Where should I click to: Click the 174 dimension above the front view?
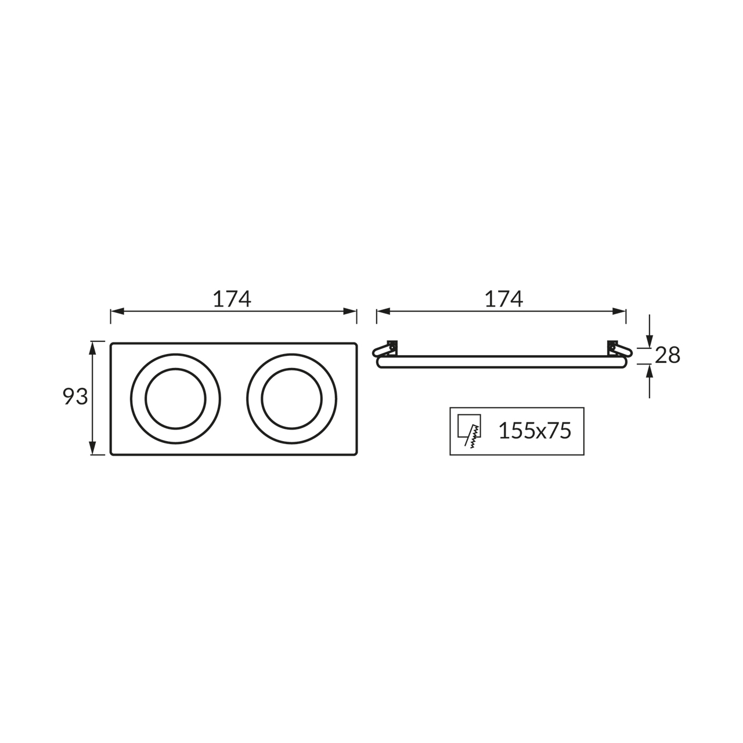click(x=232, y=299)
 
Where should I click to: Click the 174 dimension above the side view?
click(x=504, y=299)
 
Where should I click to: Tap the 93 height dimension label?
click(x=75, y=396)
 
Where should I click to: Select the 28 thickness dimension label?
click(x=668, y=355)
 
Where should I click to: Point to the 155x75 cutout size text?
click(x=535, y=431)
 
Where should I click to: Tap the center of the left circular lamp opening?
click(x=175, y=398)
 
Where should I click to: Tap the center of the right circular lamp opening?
click(x=291, y=398)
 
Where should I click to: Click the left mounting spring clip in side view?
click(x=385, y=349)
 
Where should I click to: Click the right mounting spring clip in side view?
click(x=619, y=349)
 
